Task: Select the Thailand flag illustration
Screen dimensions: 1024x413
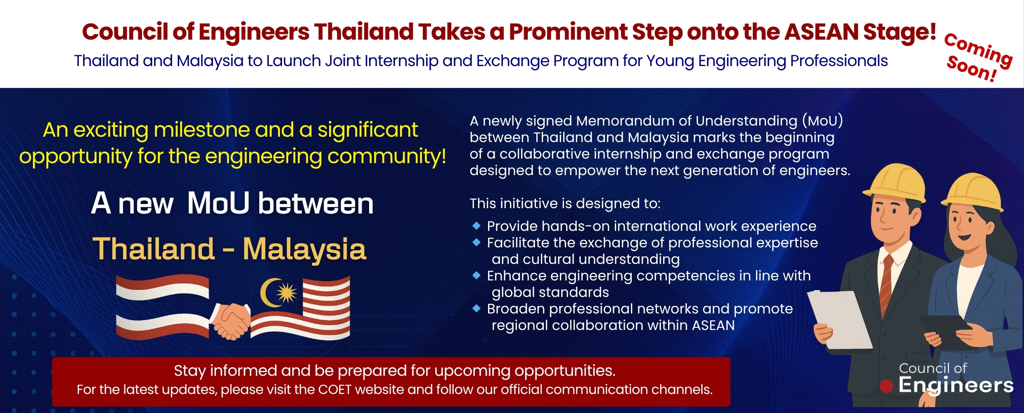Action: point(162,307)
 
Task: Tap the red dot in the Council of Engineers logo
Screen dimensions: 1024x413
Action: point(886,386)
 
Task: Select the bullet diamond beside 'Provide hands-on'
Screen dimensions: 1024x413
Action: point(476,225)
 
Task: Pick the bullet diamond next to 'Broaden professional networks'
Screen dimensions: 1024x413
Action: point(476,308)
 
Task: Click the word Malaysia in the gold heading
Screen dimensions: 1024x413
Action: point(304,249)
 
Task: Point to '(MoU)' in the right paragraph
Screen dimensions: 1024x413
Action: point(823,121)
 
